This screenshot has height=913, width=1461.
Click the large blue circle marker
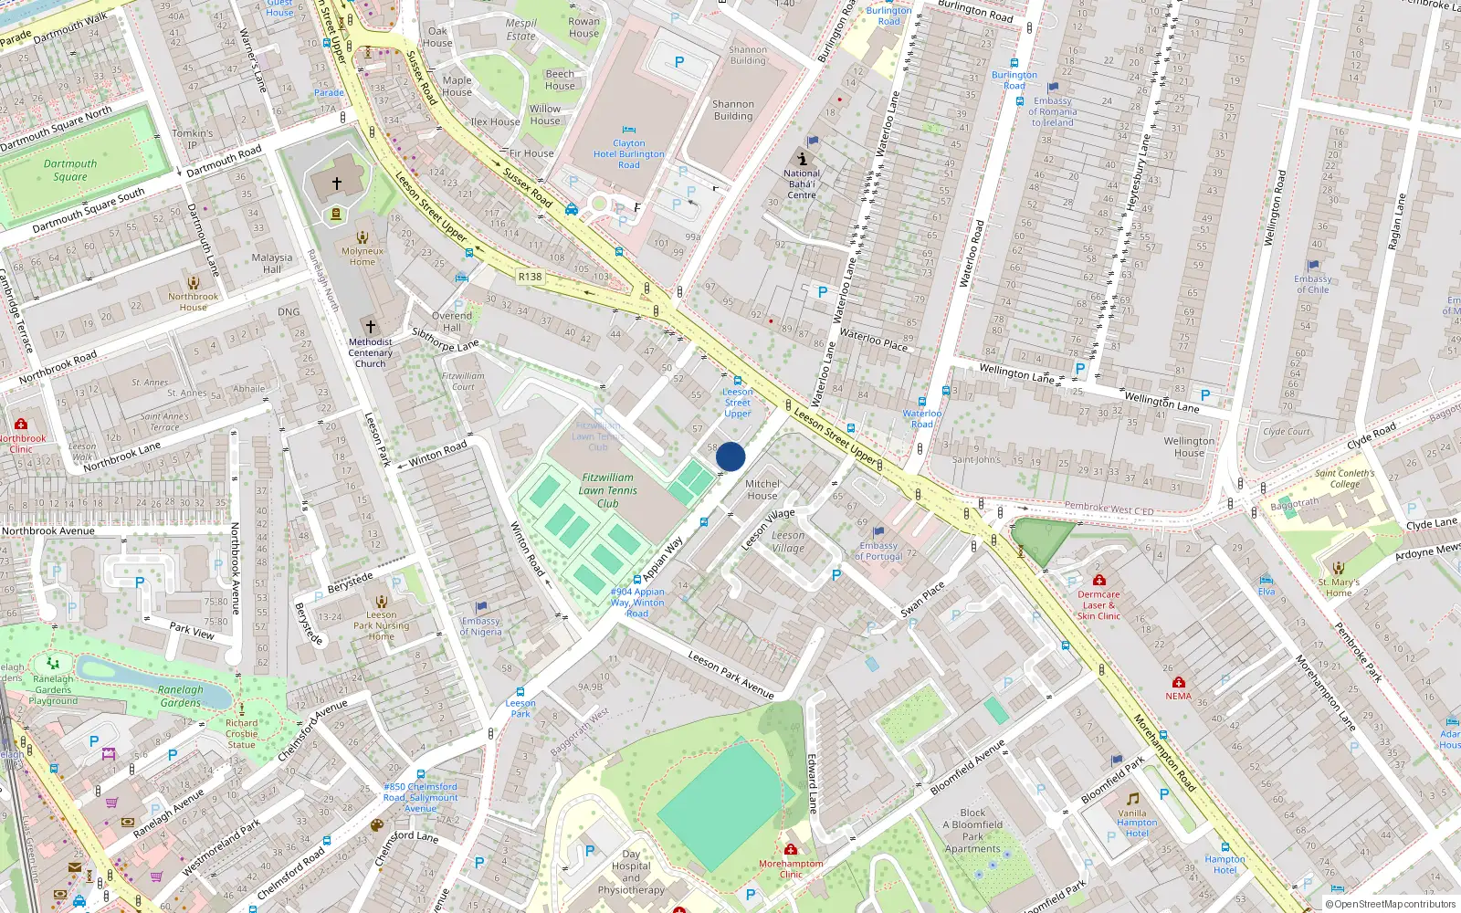pyautogui.click(x=730, y=456)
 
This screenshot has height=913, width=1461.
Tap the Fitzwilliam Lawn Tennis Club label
pyautogui.click(x=608, y=490)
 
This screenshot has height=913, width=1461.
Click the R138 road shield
pyautogui.click(x=530, y=277)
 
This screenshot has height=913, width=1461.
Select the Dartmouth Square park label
pyautogui.click(x=70, y=171)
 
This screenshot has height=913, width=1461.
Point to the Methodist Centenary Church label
pyautogui.click(x=371, y=353)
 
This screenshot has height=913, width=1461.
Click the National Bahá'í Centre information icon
pyautogui.click(x=802, y=158)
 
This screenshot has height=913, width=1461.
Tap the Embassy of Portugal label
pyautogui.click(x=878, y=551)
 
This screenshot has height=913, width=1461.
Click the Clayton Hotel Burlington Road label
pyautogui.click(x=629, y=154)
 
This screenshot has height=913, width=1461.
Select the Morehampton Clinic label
pyautogui.click(x=791, y=868)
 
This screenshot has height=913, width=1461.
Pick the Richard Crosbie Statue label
pyautogui.click(x=242, y=733)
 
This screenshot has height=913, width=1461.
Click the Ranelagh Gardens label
pyautogui.click(x=181, y=696)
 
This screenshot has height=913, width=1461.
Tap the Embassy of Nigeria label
pyautogui.click(x=481, y=626)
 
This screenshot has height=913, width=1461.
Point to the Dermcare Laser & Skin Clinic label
pyautogui.click(x=1098, y=605)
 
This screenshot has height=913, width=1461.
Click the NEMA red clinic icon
pyautogui.click(x=1179, y=682)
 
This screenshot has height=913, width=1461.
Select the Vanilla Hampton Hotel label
pyautogui.click(x=1136, y=823)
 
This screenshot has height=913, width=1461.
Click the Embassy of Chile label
pyautogui.click(x=1313, y=284)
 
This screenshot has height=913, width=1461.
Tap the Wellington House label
pyautogui.click(x=1189, y=446)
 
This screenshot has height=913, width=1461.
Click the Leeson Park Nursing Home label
pyautogui.click(x=382, y=625)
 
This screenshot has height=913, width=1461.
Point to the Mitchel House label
pyautogui.click(x=762, y=489)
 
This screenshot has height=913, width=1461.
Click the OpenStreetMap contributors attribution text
pyautogui.click(x=1391, y=905)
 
